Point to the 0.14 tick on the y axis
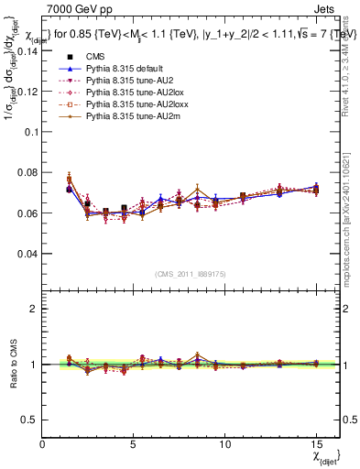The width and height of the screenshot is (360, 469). tap(30, 50)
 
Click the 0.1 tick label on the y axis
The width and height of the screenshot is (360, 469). tap(33, 132)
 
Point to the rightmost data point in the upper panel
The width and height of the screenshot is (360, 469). tap(316, 190)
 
